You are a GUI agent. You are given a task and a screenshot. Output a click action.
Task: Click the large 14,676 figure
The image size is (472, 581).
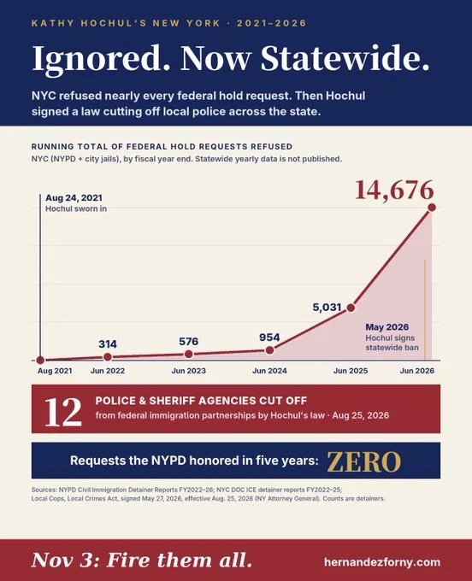394,190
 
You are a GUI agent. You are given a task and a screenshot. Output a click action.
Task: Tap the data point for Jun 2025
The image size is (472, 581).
351,308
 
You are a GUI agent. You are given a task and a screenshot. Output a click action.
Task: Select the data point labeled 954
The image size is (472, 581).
270,350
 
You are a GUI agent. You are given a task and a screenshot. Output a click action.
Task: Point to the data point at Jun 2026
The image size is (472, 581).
432,208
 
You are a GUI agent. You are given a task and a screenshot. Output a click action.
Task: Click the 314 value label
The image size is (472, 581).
108,344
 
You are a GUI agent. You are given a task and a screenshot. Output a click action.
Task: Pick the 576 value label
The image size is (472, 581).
189,341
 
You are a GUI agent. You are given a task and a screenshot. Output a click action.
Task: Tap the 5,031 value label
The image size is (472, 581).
327,308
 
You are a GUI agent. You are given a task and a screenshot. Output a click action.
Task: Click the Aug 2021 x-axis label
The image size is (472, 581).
55,371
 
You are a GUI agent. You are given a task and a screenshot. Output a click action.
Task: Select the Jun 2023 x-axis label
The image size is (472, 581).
189,371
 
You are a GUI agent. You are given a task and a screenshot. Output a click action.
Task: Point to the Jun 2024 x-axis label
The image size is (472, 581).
269,371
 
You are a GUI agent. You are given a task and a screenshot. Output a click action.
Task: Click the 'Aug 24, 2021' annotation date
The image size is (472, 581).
74,198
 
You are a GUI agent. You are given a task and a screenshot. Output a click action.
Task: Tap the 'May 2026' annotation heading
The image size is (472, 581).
387,327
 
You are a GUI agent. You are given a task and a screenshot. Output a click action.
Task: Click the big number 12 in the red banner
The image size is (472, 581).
62,412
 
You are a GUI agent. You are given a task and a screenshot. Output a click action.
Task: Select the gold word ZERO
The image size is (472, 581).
363,461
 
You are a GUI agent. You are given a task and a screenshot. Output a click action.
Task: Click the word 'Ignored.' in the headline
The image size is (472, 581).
102,58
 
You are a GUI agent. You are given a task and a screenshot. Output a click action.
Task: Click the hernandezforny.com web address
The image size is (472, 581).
382,562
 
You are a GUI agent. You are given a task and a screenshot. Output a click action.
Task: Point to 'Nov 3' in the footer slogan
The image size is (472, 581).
62,560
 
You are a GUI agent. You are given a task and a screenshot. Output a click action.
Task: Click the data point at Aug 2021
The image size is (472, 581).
40,361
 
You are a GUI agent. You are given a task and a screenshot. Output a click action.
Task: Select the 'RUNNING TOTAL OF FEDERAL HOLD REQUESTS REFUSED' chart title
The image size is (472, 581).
162,146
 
